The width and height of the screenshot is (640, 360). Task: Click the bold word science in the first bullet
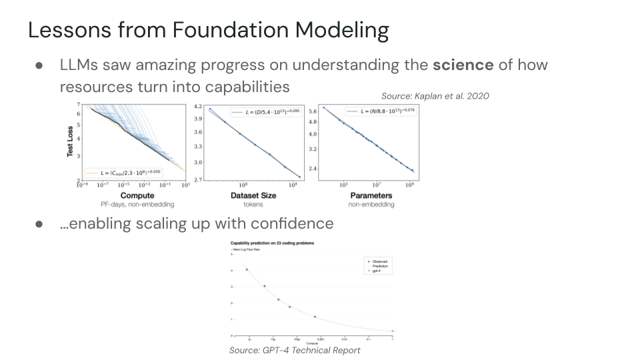[463, 65]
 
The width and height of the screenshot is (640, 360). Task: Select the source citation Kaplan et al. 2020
[435, 96]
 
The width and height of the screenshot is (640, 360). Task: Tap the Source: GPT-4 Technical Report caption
[295, 350]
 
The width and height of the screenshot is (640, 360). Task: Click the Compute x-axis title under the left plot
[137, 195]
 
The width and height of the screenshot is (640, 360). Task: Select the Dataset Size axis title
[253, 195]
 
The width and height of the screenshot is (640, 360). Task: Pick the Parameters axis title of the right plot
[371, 195]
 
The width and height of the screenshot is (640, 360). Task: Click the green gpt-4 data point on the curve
[393, 331]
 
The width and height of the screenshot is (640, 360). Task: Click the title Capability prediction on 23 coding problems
[272, 243]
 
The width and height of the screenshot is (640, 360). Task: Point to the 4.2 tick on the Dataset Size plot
[197, 106]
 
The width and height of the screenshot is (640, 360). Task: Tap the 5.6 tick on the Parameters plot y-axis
[313, 111]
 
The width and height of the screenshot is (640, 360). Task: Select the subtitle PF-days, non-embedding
[137, 205]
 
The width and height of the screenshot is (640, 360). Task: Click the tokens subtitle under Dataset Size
[253, 205]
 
